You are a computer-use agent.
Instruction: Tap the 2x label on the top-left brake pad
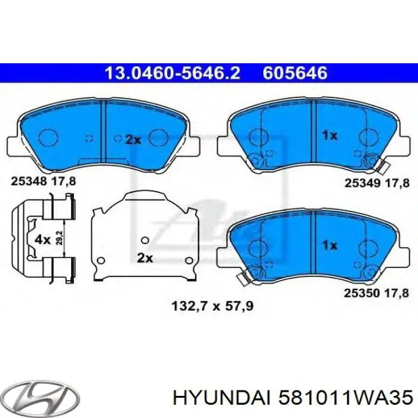133,140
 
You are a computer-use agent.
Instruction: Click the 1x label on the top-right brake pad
330,136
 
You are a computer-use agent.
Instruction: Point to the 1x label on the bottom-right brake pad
330,245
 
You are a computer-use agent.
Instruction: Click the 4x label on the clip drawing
43,240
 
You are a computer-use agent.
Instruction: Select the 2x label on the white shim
145,258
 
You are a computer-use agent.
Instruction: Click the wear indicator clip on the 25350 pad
242,276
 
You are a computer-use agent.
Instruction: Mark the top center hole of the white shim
143,240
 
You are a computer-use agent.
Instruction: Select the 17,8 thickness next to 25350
397,293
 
